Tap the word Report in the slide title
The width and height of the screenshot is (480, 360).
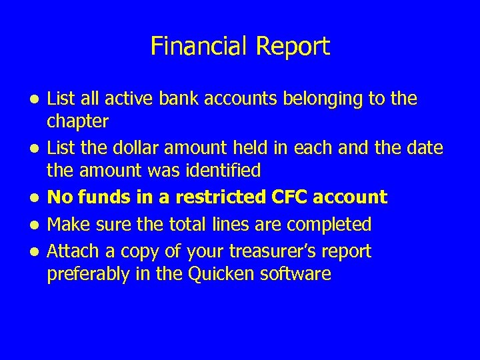(294, 47)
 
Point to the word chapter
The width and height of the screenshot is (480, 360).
(77, 121)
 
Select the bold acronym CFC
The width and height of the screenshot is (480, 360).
(288, 197)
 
